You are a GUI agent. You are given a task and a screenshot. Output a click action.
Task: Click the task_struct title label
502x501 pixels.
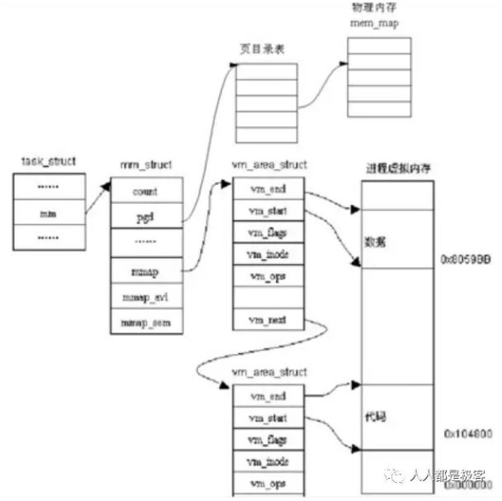coord(49,160)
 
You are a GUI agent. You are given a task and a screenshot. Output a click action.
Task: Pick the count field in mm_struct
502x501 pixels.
coord(145,191)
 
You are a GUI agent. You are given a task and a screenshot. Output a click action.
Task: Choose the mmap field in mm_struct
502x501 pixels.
coord(145,270)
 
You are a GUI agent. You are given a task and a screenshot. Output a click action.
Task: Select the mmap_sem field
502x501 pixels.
coord(145,322)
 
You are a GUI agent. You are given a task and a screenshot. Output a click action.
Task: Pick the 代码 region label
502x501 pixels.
coord(376,418)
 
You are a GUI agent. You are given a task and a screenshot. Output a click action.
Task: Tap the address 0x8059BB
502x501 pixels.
coord(467,258)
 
